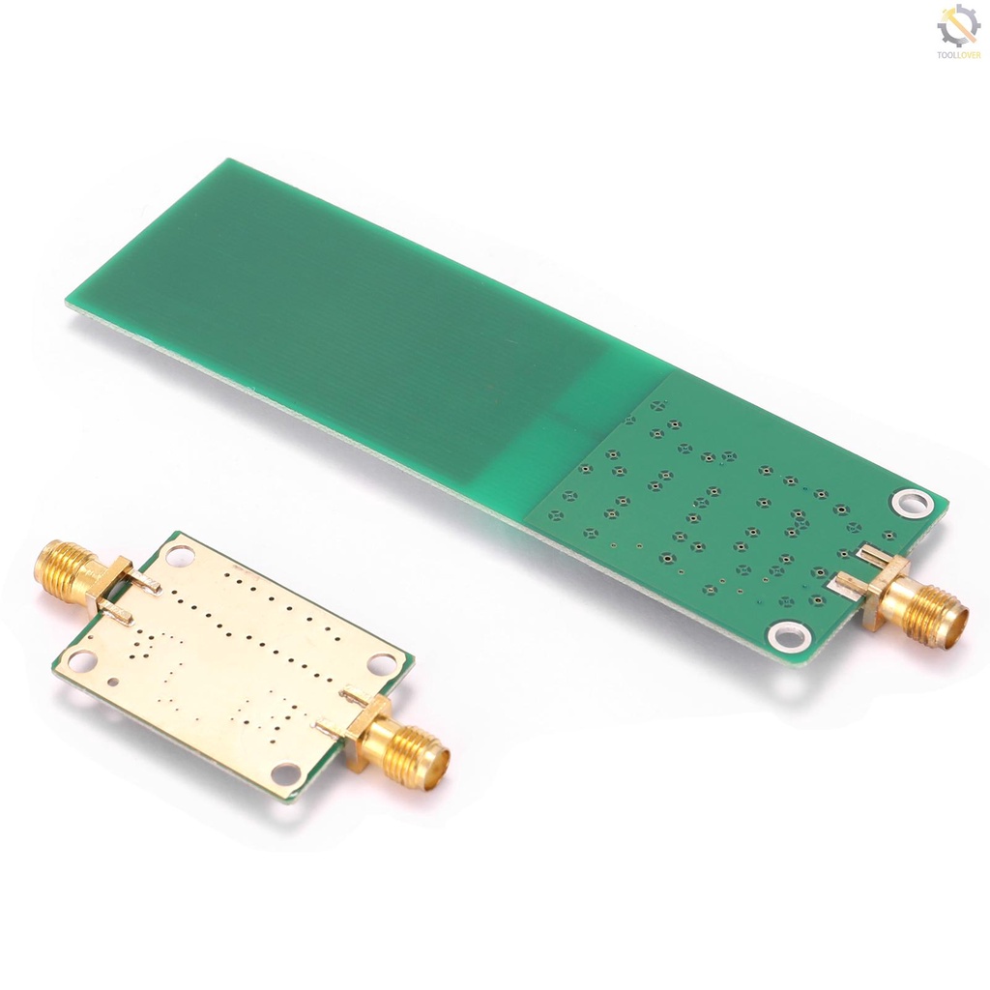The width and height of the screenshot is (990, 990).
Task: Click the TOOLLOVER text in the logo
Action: click(x=958, y=55)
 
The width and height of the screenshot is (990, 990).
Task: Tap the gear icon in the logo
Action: click(x=957, y=26)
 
